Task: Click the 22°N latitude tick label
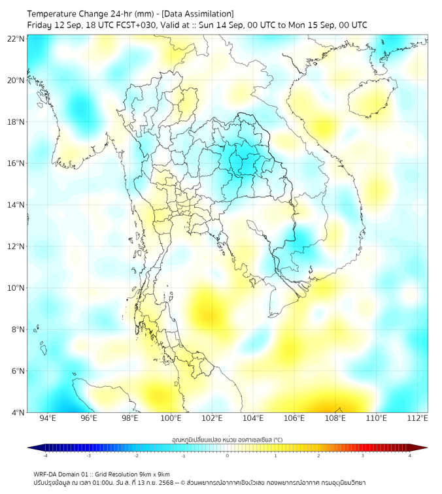(x=17, y=39)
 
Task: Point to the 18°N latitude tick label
(x=17, y=122)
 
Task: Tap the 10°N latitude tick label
(x=17, y=288)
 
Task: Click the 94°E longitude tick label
(x=48, y=418)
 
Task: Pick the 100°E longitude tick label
(x=171, y=418)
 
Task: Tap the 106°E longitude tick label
(x=295, y=418)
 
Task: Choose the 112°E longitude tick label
(x=418, y=418)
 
